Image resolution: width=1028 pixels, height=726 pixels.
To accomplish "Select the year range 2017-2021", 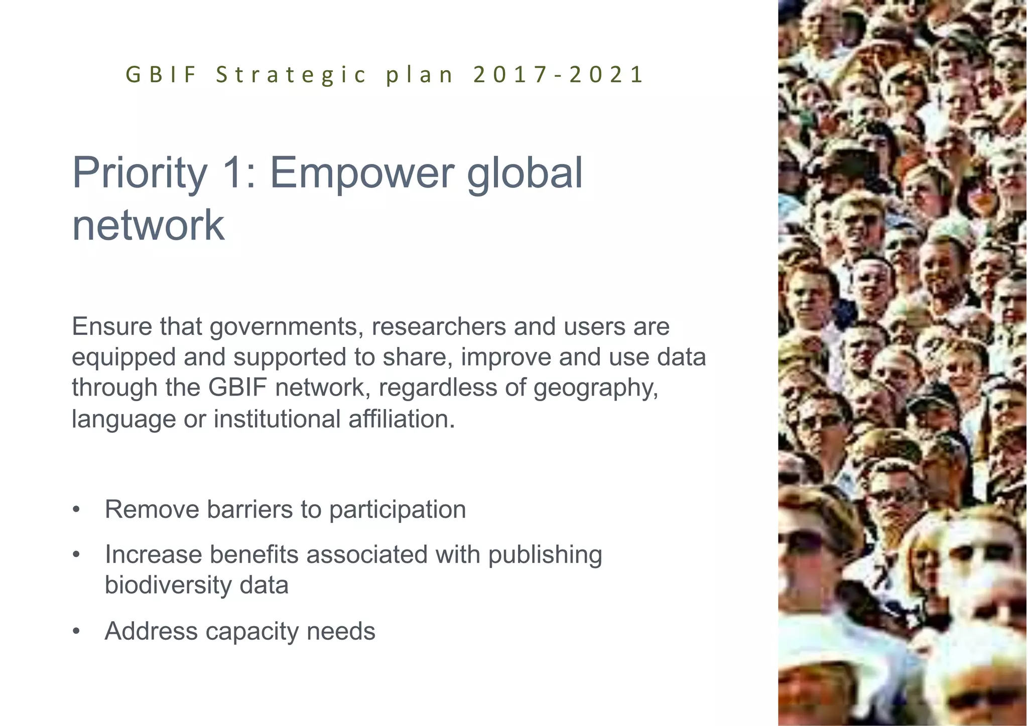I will tap(558, 75).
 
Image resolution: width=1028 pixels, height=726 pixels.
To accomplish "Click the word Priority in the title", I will tap(140, 173).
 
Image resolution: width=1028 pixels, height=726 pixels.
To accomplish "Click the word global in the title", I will tap(525, 173).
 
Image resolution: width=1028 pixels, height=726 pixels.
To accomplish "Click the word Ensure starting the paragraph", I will tap(112, 326).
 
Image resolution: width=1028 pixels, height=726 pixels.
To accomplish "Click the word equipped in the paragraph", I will tap(123, 358).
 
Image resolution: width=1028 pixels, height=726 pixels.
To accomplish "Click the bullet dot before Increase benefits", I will tap(76, 555).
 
